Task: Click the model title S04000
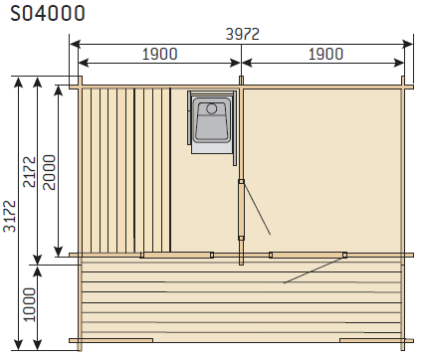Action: coord(48,14)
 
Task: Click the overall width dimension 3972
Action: coord(242,34)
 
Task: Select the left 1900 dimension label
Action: coord(160,54)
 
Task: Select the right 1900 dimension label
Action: coord(325,54)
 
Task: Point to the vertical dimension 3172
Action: coord(9,216)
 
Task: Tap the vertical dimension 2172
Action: coord(29,172)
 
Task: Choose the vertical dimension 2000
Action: coord(49,172)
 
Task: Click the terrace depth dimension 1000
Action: coord(29,304)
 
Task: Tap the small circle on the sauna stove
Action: coord(212,108)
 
